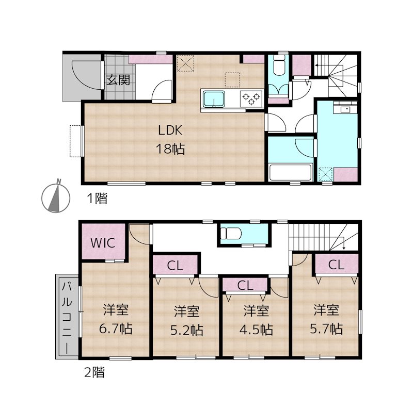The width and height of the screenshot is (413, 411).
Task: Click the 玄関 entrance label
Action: click(118, 80)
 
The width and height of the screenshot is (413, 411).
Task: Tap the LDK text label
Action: click(170, 130)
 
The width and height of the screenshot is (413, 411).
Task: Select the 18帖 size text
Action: click(170, 149)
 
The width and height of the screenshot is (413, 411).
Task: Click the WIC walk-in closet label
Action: click(103, 243)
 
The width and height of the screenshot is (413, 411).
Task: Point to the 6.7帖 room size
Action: click(116, 329)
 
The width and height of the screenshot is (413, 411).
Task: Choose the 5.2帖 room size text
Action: click(186, 331)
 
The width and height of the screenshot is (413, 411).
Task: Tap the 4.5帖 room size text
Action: click(256, 330)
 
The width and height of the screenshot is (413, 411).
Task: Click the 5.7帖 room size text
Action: click(326, 329)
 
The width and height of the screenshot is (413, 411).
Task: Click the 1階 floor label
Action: click(97, 198)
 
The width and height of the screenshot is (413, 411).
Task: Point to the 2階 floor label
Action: click(94, 373)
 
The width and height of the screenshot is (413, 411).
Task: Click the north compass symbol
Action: click(56, 196)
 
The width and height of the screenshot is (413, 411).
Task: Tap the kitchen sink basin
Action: click(213, 99)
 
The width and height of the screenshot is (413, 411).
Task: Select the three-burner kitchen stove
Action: click(251, 98)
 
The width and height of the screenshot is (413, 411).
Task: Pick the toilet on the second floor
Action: click(231, 234)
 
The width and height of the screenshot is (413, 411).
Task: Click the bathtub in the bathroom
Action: click(291, 173)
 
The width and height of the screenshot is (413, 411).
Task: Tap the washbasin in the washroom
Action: click(345, 109)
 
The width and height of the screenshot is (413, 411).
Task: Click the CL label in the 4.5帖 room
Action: click(245, 286)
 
